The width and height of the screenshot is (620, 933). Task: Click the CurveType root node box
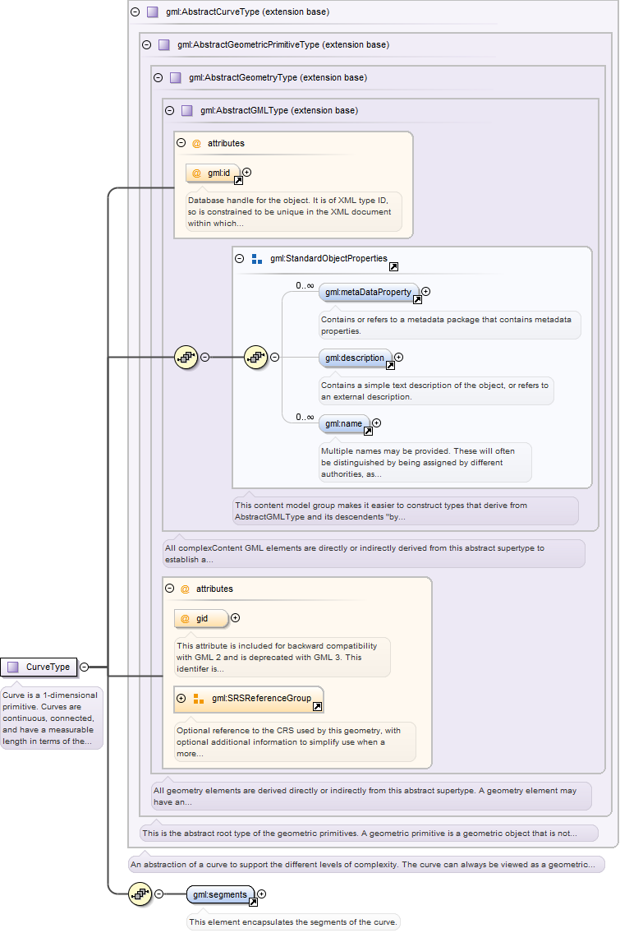click(x=39, y=667)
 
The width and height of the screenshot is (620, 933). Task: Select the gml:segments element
click(x=221, y=894)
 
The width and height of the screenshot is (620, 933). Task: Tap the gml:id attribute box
click(x=214, y=173)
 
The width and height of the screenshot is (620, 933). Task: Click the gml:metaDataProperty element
click(x=370, y=292)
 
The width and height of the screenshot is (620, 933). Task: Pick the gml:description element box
click(x=356, y=358)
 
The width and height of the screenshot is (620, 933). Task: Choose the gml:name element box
click(x=344, y=423)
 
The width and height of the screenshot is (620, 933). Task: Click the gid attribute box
click(x=201, y=619)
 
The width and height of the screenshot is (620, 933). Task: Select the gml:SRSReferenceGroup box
click(x=249, y=700)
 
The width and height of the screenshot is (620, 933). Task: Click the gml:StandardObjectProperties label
click(x=328, y=258)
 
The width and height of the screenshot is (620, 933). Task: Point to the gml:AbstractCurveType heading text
click(x=247, y=12)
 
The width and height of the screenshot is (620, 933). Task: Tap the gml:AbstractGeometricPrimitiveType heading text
click(x=283, y=44)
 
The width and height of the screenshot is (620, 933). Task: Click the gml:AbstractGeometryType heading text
click(x=278, y=77)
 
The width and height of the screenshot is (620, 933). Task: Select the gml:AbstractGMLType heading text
click(x=278, y=110)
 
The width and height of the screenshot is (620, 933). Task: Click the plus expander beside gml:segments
click(x=262, y=894)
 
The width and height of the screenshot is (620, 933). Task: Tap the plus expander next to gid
click(x=236, y=617)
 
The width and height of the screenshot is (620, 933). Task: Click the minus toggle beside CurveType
click(x=85, y=667)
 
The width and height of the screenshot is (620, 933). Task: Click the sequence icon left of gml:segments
click(x=140, y=894)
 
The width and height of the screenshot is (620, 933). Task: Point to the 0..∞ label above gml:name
click(x=305, y=417)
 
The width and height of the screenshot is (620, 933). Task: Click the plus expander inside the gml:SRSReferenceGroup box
click(x=181, y=698)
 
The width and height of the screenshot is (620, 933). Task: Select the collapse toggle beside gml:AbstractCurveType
click(x=135, y=12)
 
